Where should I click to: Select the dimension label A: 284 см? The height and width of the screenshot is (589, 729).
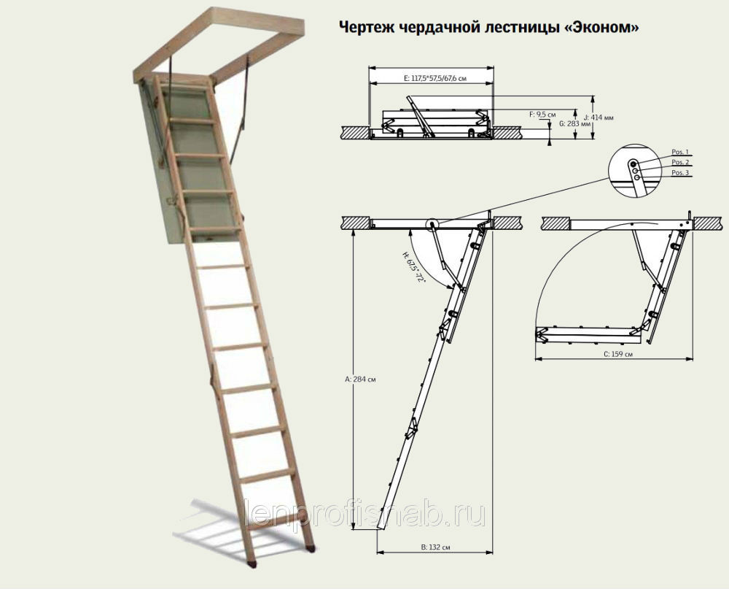pyautogui.click(x=361, y=379)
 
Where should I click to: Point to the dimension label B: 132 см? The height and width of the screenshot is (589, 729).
pyautogui.click(x=436, y=547)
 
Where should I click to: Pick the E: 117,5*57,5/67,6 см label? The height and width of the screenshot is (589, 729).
pyautogui.click(x=435, y=78)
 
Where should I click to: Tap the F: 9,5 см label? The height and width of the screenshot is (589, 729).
pyautogui.click(x=542, y=114)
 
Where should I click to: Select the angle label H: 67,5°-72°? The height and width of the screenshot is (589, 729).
pyautogui.click(x=415, y=268)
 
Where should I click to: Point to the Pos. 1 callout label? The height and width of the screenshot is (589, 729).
pyautogui.click(x=681, y=153)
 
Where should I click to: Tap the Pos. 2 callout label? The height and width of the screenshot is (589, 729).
pyautogui.click(x=681, y=163)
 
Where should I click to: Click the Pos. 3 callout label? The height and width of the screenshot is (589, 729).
pyautogui.click(x=681, y=173)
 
